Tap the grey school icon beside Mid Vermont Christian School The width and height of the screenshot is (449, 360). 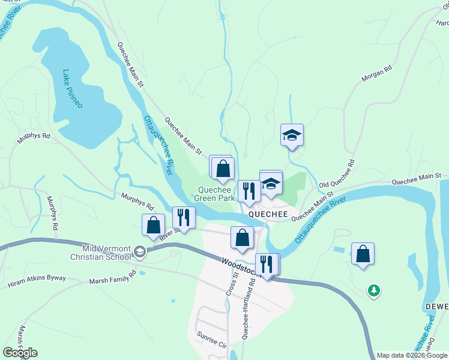[x=140, y=251]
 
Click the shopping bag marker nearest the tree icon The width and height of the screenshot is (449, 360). [x=363, y=253]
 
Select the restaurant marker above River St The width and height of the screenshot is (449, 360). [x=184, y=218]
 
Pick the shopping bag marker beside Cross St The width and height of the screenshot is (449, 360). [x=242, y=238]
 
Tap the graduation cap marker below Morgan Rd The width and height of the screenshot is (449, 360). [x=292, y=135]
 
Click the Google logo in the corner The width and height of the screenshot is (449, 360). [x=20, y=353]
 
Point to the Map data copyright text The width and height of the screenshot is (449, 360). [x=412, y=355]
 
